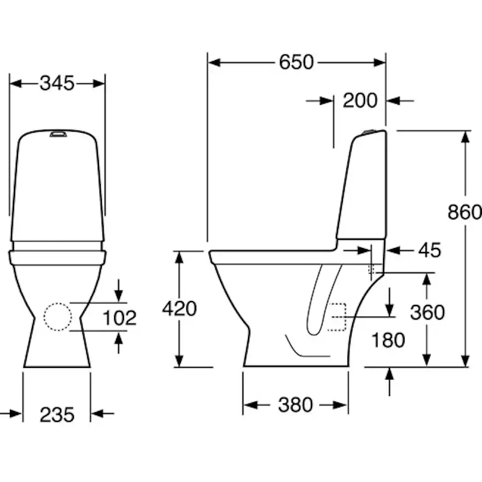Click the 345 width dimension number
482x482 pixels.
click(x=57, y=84)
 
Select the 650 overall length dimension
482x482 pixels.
click(x=296, y=62)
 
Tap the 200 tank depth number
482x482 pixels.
click(x=360, y=101)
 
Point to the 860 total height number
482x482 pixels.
click(x=465, y=212)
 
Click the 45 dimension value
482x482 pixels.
click(x=430, y=250)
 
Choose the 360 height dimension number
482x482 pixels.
click(x=427, y=313)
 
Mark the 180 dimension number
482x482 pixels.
click(x=388, y=340)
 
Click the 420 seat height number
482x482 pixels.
click(x=179, y=309)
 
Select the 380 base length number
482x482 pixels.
click(x=295, y=405)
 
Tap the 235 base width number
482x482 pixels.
click(x=57, y=414)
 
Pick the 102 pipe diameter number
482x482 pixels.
click(x=119, y=318)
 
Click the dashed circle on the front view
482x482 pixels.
click(x=58, y=317)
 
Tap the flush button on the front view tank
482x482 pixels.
click(x=58, y=134)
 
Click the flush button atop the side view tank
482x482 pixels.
click(x=370, y=132)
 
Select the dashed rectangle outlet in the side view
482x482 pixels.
click(x=337, y=317)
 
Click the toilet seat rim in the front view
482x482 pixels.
click(x=58, y=257)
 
